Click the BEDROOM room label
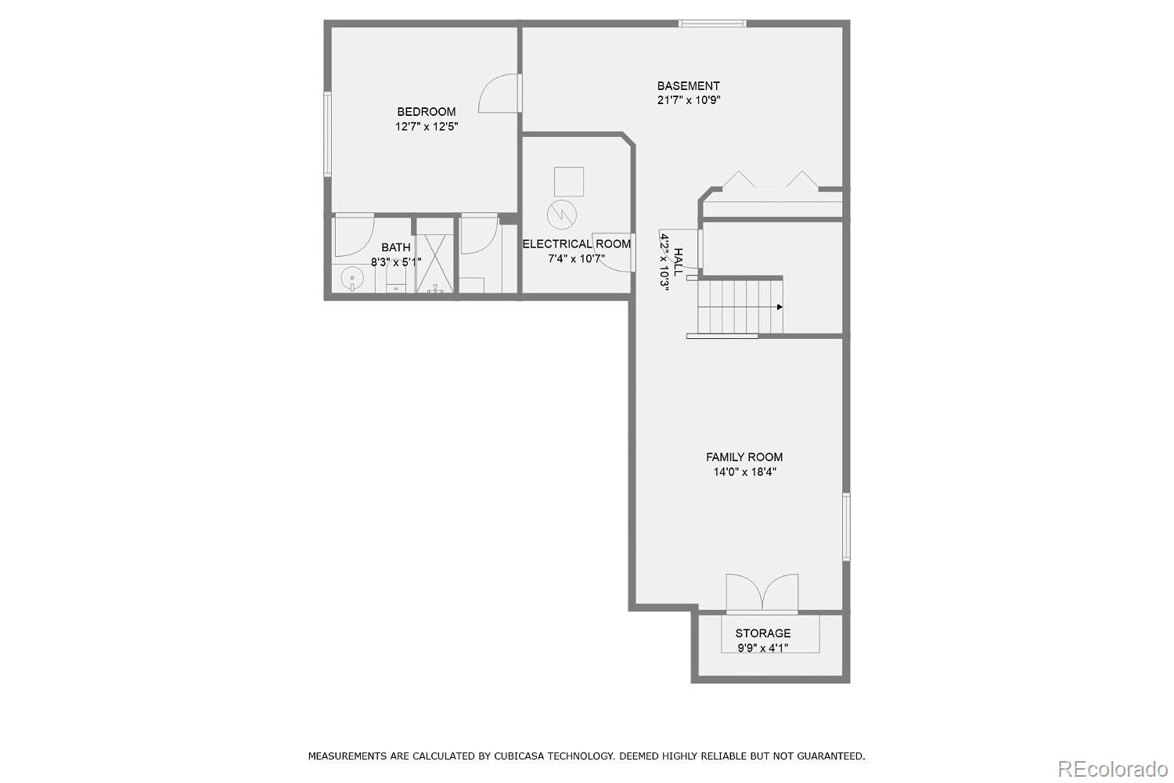tap(426, 112)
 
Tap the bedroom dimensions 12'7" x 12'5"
tap(426, 126)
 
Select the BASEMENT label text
tap(688, 86)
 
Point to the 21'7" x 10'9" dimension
tap(688, 100)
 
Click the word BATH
tap(396, 247)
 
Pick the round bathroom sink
tap(352, 278)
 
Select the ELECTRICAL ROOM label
tap(576, 244)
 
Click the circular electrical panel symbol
tap(562, 213)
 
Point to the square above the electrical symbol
tap(568, 182)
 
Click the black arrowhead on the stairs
tap(780, 307)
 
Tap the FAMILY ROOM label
tap(744, 457)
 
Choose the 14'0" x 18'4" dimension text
tap(744, 472)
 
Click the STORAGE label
tap(762, 633)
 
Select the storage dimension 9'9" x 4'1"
tap(762, 648)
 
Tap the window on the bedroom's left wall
tap(328, 134)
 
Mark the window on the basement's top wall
tap(712, 23)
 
